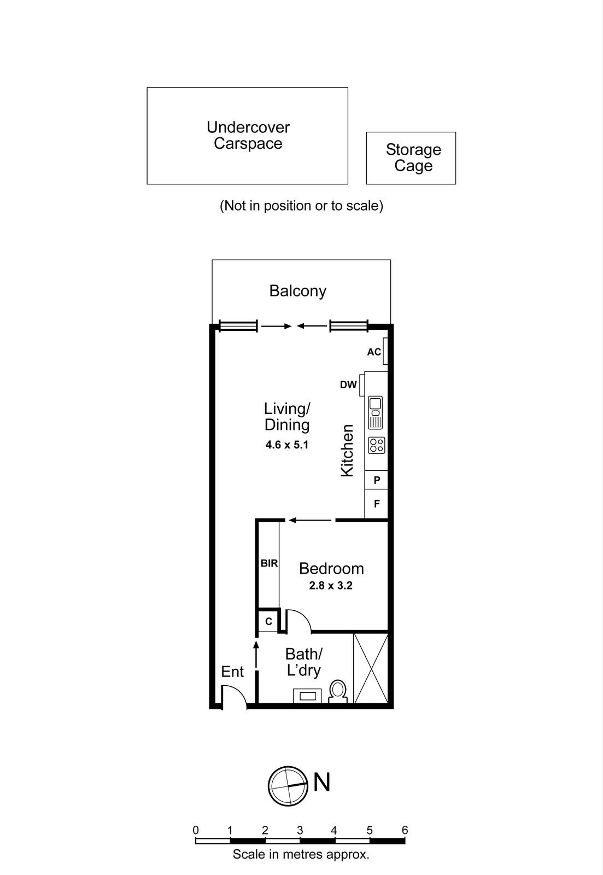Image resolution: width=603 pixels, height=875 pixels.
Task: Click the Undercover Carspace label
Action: [x=248, y=135]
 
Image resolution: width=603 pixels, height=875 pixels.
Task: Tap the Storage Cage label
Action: [x=413, y=157]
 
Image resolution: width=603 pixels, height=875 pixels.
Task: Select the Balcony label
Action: [x=297, y=290]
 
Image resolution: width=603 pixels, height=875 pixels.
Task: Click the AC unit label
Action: [x=374, y=352]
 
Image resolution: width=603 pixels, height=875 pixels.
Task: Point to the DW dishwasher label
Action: [x=348, y=385]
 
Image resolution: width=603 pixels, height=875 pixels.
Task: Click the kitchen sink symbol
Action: [x=376, y=412]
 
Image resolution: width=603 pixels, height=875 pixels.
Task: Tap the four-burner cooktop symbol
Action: [x=376, y=445]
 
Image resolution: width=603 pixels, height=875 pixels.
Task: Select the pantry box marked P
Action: [x=377, y=481]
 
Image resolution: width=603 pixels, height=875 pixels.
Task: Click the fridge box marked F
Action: [x=377, y=504]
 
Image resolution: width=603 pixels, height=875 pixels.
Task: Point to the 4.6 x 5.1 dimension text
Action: [x=287, y=445]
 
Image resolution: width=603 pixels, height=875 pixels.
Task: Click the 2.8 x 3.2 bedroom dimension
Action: [x=331, y=586]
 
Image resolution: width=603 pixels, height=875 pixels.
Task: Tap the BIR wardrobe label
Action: [x=269, y=563]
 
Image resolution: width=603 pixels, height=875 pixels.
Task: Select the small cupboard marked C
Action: [x=268, y=622]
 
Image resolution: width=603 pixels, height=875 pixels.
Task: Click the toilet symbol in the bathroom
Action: [x=338, y=692]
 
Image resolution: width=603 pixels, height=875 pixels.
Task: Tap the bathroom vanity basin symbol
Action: [x=307, y=696]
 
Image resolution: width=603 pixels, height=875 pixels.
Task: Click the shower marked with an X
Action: [x=371, y=668]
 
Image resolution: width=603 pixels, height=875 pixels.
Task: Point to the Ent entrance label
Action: [x=232, y=672]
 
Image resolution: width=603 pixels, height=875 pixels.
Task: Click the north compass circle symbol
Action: [x=287, y=786]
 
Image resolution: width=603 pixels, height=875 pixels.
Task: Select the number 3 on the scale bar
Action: [x=300, y=830]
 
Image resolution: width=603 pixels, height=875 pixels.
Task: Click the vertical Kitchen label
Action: [x=348, y=451]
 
